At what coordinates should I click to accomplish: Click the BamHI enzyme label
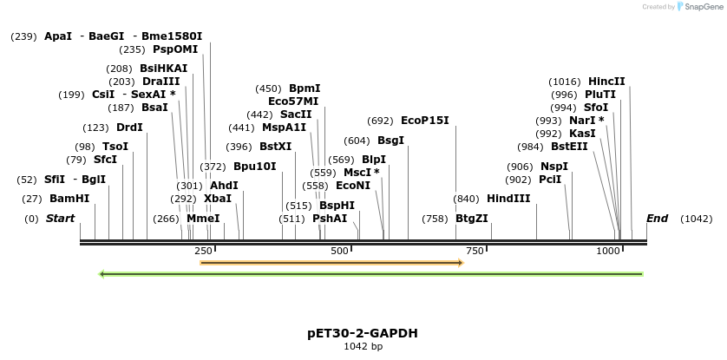point(69,199)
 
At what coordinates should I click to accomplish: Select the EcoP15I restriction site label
point(425,121)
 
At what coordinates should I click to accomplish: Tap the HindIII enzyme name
point(508,199)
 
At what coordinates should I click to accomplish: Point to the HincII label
point(606,82)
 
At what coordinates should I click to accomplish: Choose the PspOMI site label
point(175,49)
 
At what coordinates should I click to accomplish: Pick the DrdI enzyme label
point(129,128)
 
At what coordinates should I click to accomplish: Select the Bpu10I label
point(255,167)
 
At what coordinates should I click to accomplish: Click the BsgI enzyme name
point(390,141)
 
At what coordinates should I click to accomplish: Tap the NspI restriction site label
point(554,167)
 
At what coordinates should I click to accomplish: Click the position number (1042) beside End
point(697,219)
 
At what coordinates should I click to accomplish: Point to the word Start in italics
point(61,219)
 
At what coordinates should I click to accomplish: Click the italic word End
point(657,219)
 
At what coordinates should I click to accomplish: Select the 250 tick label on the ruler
point(204,251)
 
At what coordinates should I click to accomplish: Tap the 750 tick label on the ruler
point(475,251)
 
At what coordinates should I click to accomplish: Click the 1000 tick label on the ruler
point(608,251)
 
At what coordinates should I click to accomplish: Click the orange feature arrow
point(331,262)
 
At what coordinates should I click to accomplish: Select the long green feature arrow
point(371,274)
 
